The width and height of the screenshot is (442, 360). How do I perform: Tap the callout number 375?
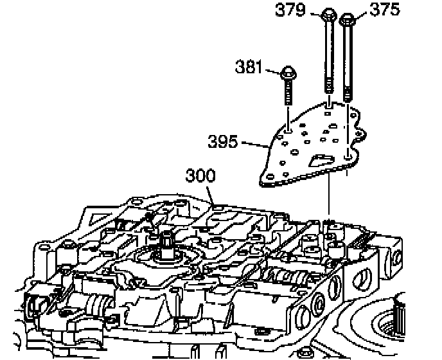click(x=385, y=10)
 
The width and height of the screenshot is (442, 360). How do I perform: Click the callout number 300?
click(x=201, y=175)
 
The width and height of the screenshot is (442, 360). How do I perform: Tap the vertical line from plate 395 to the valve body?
click(x=329, y=199)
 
